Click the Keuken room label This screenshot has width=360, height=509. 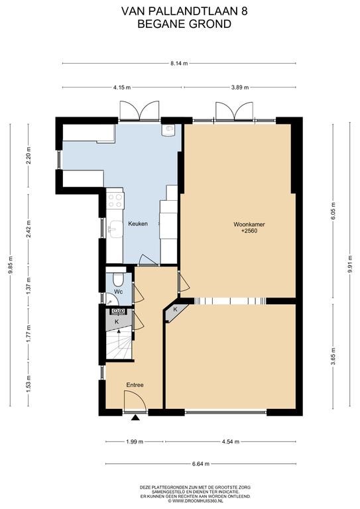point(138,223)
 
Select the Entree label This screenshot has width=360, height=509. point(135,385)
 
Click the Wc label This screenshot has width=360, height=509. point(119,292)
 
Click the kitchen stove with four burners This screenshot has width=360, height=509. point(115,200)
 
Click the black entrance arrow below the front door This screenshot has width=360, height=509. point(135,418)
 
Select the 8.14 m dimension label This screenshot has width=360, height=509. point(179,64)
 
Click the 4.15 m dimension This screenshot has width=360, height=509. point(122,87)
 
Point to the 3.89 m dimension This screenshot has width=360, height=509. point(240,87)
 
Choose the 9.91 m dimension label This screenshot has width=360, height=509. point(350,264)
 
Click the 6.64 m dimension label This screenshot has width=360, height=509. point(201,464)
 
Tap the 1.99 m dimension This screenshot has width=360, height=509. point(135,442)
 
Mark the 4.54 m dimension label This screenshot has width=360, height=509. point(230,442)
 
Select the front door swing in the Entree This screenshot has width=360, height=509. point(135,402)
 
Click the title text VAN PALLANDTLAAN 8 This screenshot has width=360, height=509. point(184,12)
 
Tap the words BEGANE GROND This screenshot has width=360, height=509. point(184,24)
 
